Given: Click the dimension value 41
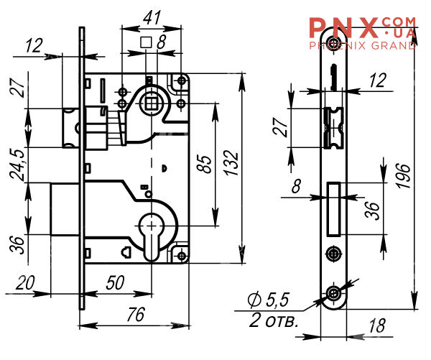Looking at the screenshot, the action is (x=152, y=18).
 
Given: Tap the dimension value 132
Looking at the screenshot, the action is (x=231, y=163).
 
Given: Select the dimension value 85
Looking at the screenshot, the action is (x=205, y=164).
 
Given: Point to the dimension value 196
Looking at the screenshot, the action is (x=404, y=176).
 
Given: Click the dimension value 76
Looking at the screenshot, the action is (x=136, y=314).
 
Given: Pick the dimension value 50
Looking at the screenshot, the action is (x=115, y=282).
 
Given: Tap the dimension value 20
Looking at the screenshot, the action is (x=25, y=282).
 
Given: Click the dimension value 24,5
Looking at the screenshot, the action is (x=17, y=165).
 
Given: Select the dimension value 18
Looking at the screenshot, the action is (x=377, y=326).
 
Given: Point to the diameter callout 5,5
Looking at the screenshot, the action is (x=269, y=300).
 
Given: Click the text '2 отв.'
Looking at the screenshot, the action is (x=274, y=320).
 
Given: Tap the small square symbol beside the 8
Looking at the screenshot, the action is (x=146, y=42).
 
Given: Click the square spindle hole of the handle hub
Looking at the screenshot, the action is (x=150, y=104).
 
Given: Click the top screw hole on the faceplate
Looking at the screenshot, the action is (x=333, y=42).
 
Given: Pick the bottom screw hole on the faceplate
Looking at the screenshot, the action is (x=333, y=293).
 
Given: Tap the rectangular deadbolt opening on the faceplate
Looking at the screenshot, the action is (x=334, y=208).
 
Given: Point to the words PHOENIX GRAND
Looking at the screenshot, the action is (x=363, y=45).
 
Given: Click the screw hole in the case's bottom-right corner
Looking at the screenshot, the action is (x=182, y=256).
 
